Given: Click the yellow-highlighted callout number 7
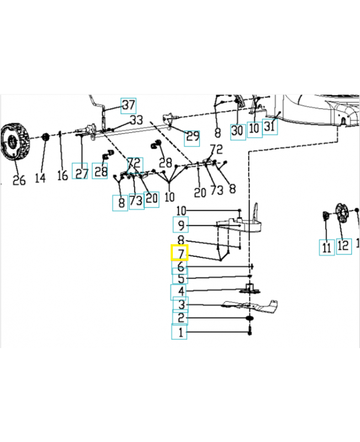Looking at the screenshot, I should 180,253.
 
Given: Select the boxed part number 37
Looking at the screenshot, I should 128,105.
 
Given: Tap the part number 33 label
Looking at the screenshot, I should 136,120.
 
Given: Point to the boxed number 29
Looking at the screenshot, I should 192,137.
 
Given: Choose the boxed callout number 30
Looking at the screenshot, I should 237,131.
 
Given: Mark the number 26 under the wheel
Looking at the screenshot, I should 19,180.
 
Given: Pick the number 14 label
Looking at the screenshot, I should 40,177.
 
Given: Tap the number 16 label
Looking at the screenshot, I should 62,176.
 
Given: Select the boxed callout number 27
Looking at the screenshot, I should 81,173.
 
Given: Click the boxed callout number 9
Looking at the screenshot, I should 180,225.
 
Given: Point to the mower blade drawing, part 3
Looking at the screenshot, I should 251,304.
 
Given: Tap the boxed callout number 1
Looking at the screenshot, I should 179,333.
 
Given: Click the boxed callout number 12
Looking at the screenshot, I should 343,245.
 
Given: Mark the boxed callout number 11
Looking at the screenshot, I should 326,247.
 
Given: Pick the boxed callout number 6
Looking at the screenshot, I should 180,267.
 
